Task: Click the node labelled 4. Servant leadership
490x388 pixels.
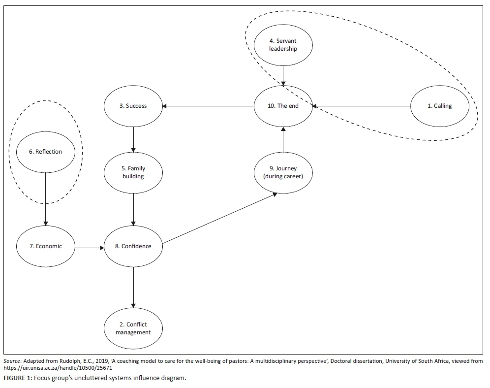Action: [x=283, y=45]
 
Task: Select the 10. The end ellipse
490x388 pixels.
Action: [x=283, y=106]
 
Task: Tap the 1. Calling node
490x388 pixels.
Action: [x=440, y=106]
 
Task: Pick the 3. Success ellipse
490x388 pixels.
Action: [x=133, y=106]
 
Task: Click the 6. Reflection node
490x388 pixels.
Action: [x=45, y=152]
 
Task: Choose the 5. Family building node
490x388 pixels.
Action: [x=133, y=172]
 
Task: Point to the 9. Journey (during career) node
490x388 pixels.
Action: [x=283, y=172]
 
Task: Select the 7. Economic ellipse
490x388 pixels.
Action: [x=45, y=246]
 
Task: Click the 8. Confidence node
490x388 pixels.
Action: [x=133, y=246]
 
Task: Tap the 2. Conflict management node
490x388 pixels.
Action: [x=133, y=328]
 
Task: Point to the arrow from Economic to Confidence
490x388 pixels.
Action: [x=89, y=246]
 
